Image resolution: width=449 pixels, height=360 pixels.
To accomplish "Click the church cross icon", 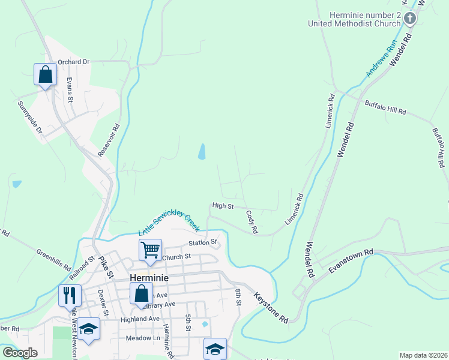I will [x=410, y=19].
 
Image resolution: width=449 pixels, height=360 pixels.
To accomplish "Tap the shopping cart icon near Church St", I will [x=150, y=249].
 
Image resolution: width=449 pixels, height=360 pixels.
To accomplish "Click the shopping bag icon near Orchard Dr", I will [x=45, y=74].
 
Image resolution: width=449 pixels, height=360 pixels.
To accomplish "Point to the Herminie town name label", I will [x=149, y=278].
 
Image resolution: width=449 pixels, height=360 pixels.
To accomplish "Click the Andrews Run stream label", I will [x=382, y=58].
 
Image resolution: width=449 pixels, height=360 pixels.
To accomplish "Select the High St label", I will [x=223, y=206].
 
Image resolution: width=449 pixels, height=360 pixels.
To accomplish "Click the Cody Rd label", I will [x=252, y=221].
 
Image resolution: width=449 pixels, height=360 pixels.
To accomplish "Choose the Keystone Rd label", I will [x=271, y=308].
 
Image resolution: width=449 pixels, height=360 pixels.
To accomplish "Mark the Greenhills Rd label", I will [x=54, y=260].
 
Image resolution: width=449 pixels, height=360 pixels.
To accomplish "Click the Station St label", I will [x=202, y=242].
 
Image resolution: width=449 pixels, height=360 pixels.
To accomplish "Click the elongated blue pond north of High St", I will [x=202, y=152].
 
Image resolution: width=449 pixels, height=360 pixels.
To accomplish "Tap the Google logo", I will [x=20, y=353].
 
